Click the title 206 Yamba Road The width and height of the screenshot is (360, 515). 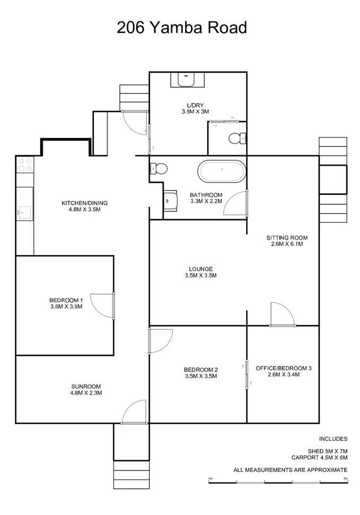(x=181, y=27)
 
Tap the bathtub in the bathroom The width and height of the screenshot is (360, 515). (x=222, y=172)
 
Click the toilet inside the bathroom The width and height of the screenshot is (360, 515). (x=159, y=169)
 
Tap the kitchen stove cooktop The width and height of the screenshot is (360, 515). (x=25, y=166)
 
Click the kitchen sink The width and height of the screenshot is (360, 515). (x=24, y=213)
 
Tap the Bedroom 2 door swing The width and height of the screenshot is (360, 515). (x=160, y=340)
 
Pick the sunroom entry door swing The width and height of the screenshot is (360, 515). (x=134, y=412)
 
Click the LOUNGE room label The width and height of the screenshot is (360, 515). (x=199, y=272)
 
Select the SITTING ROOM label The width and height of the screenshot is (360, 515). (x=286, y=241)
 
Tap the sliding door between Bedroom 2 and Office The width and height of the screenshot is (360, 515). (x=247, y=374)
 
